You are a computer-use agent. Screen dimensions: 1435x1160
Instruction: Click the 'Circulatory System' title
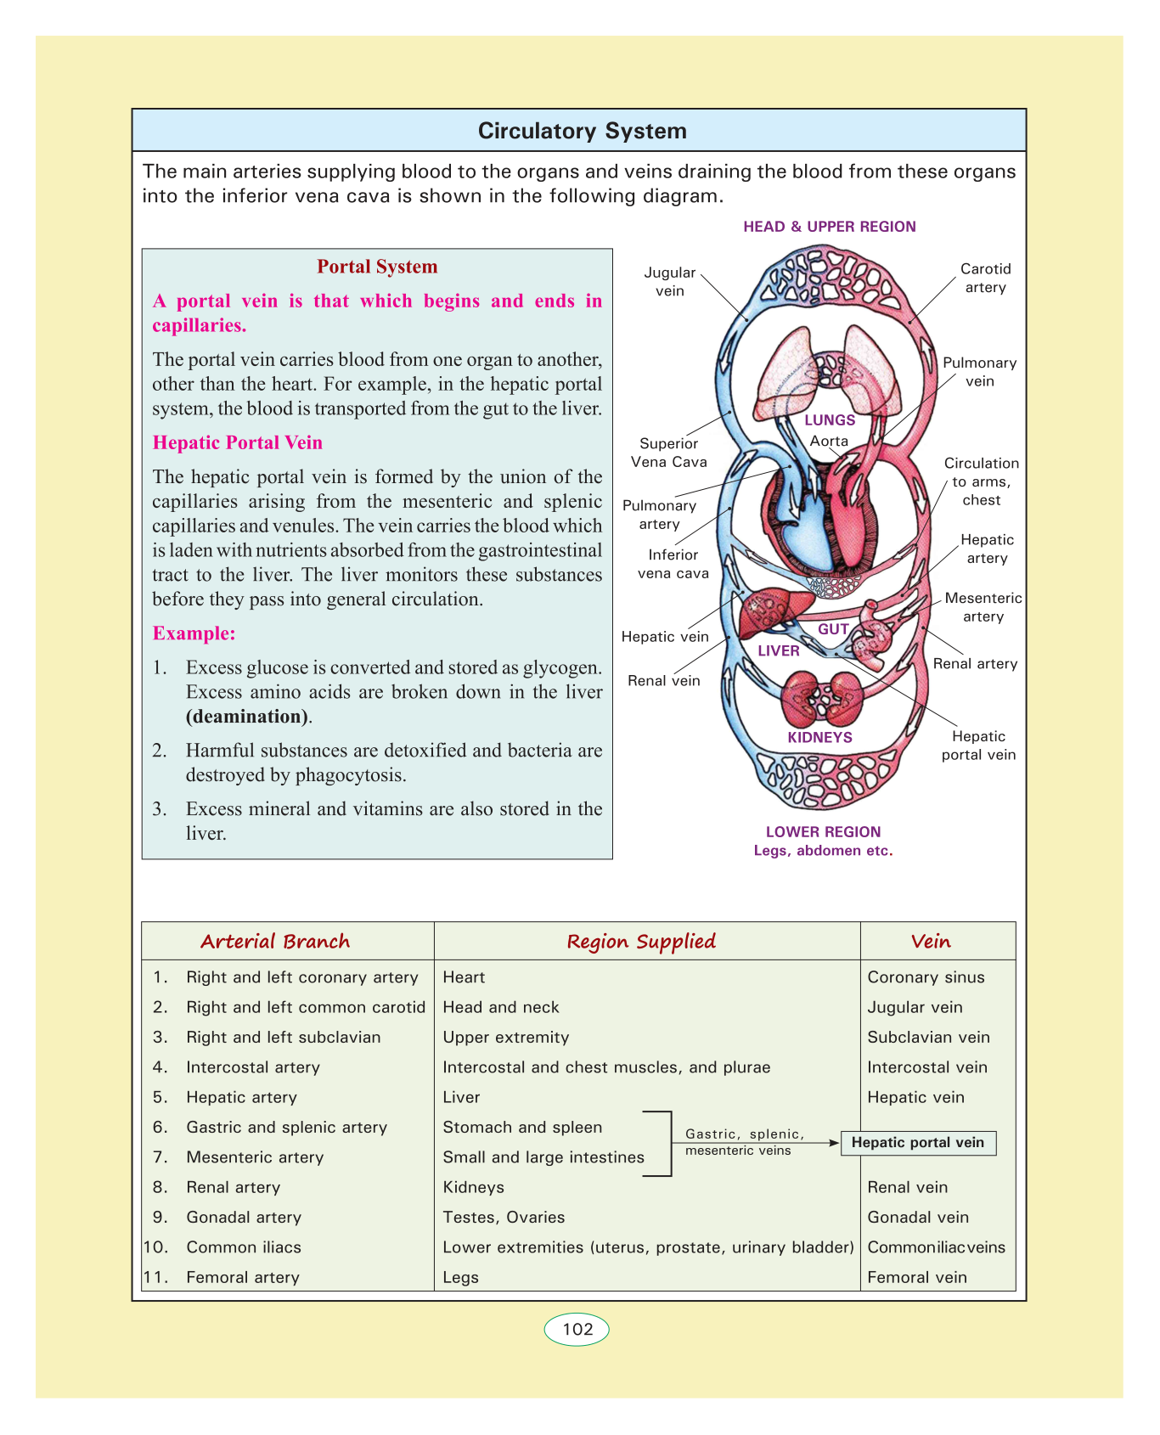pyautogui.click(x=582, y=131)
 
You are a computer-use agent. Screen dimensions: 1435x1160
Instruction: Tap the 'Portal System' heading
pyautogui.click(x=377, y=267)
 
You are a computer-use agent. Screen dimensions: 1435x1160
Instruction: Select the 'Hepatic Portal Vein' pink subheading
pyautogui.click(x=237, y=442)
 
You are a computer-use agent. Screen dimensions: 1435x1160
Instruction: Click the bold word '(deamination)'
pyautogui.click(x=247, y=716)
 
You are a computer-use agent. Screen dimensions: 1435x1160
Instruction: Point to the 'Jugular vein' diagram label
pyautogui.click(x=670, y=282)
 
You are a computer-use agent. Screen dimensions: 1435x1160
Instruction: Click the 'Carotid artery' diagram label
pyautogui.click(x=985, y=279)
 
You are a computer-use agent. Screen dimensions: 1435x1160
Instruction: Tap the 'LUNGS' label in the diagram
pyautogui.click(x=830, y=420)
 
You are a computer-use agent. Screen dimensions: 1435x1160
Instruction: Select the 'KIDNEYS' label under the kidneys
pyautogui.click(x=819, y=737)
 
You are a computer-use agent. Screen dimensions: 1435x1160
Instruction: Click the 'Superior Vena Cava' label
pyautogui.click(x=669, y=453)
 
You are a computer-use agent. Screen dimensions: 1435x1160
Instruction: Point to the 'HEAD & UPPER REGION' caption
pyautogui.click(x=829, y=227)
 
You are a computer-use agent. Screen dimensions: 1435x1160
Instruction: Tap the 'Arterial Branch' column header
pyautogui.click(x=275, y=942)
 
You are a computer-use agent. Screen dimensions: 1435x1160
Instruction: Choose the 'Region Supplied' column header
pyautogui.click(x=641, y=942)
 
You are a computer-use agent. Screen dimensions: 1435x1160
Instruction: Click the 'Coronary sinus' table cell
pyautogui.click(x=926, y=977)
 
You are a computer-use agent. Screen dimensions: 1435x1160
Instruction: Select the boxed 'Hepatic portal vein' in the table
pyautogui.click(x=918, y=1143)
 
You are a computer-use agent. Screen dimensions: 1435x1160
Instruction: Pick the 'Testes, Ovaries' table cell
pyautogui.click(x=504, y=1217)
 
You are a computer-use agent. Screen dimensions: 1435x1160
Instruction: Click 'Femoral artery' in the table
pyautogui.click(x=243, y=1277)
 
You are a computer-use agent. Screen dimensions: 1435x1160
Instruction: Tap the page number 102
pyautogui.click(x=577, y=1329)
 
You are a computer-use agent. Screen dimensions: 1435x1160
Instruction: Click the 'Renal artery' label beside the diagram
pyautogui.click(x=975, y=664)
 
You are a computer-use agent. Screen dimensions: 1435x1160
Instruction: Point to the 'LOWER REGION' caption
pyautogui.click(x=823, y=832)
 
